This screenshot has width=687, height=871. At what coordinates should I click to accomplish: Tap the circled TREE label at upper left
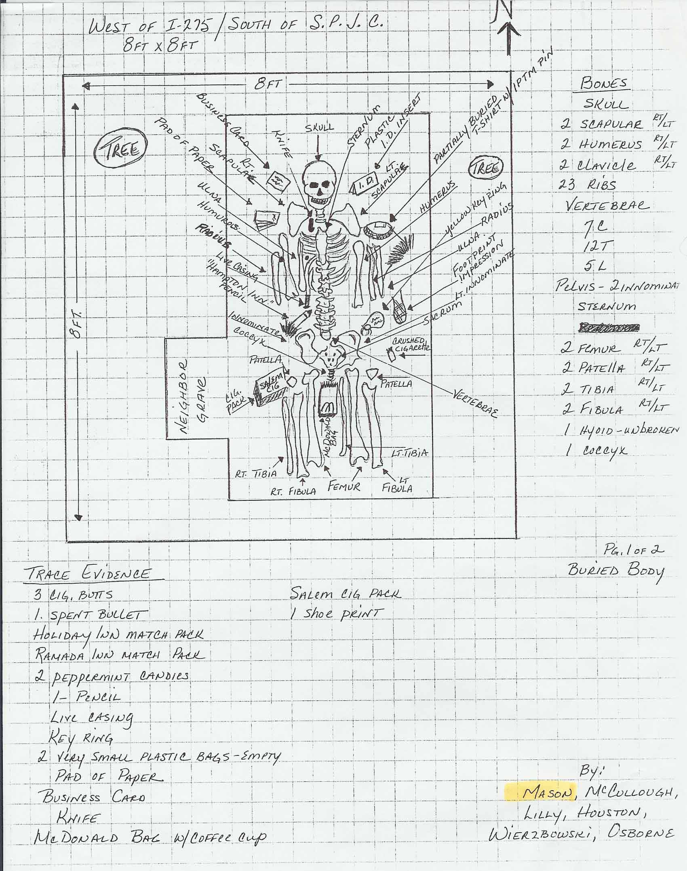[x=121, y=150]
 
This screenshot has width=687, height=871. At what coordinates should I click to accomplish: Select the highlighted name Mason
[x=548, y=793]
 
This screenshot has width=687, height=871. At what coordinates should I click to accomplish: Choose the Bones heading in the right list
[x=604, y=84]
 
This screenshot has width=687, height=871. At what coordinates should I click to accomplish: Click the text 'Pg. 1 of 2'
[x=634, y=550]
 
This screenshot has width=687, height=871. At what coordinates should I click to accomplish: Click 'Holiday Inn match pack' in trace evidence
[x=118, y=634]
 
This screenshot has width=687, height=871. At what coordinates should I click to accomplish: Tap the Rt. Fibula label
[x=293, y=491]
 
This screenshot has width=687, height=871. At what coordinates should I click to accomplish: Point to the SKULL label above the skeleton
[x=319, y=127]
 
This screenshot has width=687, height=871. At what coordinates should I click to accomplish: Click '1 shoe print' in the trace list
[x=335, y=614]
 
